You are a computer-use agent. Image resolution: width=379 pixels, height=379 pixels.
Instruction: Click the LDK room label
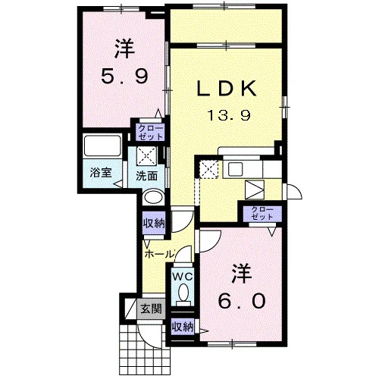click(x=227, y=88)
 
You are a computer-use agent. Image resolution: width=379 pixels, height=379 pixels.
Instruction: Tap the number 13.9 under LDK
click(x=229, y=115)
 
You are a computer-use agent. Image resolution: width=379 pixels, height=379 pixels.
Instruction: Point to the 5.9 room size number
click(x=124, y=77)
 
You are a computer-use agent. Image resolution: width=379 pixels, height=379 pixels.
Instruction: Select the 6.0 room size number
click(x=242, y=302)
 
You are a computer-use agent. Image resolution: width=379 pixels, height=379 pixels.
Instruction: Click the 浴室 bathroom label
click(x=101, y=173)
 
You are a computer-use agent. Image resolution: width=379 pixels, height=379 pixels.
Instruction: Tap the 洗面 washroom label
click(x=147, y=176)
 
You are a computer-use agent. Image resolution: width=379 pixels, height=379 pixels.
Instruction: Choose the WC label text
click(x=183, y=277)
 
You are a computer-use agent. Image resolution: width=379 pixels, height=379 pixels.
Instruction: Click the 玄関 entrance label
click(x=152, y=308)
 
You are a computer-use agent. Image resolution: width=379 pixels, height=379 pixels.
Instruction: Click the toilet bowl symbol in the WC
click(x=183, y=295)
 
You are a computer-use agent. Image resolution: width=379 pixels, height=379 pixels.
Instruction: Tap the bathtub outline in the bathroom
click(x=102, y=146)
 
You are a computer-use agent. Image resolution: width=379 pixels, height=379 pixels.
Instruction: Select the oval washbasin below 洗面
click(x=153, y=196)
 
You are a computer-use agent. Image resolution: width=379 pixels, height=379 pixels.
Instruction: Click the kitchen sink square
click(x=235, y=170)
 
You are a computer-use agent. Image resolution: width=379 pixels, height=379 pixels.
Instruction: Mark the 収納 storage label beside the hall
click(x=154, y=223)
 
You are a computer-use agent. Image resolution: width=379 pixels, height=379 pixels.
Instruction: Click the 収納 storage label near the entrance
click(x=183, y=327)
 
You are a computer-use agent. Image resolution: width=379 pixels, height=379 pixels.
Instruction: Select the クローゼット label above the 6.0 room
click(x=262, y=214)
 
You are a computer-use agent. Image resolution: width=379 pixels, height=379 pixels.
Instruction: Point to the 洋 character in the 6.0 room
click(x=242, y=274)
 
